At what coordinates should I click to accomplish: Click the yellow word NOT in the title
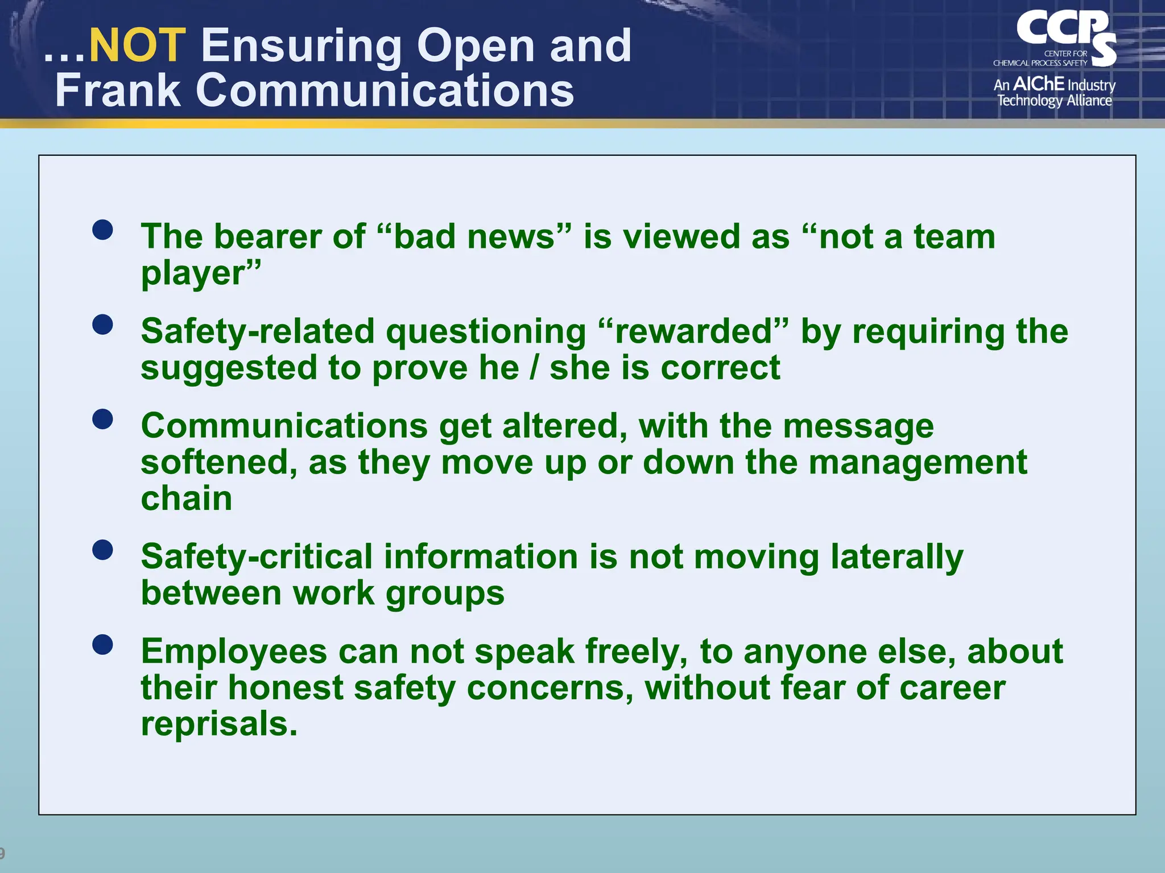pos(137,45)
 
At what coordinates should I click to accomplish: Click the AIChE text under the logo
pos(1039,84)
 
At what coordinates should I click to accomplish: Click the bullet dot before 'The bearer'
pos(102,230)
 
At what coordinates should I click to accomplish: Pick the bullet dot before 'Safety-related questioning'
pos(102,325)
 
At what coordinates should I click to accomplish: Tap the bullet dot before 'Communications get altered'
pos(102,419)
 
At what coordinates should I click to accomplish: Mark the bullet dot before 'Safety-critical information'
pos(102,550)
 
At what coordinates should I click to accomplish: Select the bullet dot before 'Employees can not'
pos(102,645)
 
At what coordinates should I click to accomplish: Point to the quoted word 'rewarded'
pos(694,331)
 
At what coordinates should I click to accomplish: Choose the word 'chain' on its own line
pos(187,498)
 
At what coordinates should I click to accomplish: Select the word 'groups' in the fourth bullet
pos(445,594)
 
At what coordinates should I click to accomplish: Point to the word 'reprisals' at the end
pos(219,725)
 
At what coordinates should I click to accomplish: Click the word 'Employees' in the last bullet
pos(234,651)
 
